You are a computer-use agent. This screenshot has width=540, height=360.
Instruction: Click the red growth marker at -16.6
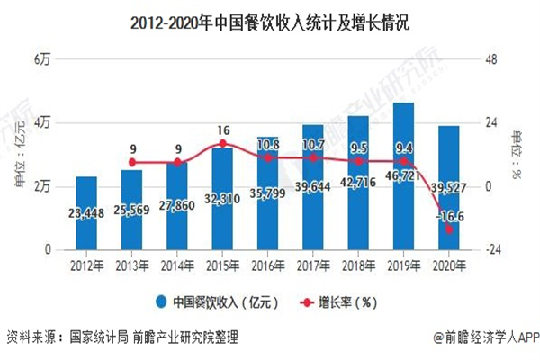pos(449,229)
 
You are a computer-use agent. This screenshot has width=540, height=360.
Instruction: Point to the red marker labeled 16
pos(222,143)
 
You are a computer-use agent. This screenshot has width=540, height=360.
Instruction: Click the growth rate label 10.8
pos(268,144)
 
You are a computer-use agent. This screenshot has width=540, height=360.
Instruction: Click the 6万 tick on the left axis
pos(42,59)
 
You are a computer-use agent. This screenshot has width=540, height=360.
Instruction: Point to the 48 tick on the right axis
pos(491,59)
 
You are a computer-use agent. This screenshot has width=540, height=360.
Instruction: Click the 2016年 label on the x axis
pos(268,265)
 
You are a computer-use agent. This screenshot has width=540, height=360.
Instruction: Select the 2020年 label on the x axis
pos(449,265)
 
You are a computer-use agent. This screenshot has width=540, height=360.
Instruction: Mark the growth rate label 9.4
pos(404,148)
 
